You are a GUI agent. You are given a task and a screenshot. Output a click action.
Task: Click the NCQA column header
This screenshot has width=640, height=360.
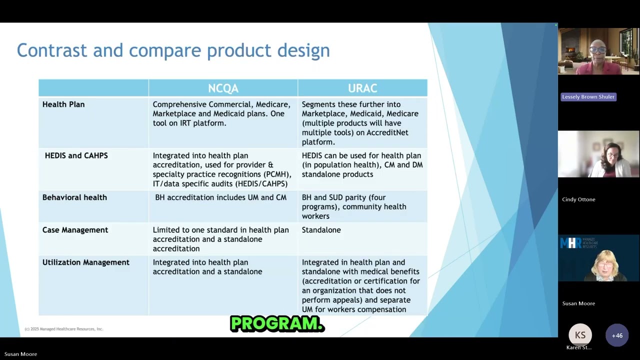[223, 88]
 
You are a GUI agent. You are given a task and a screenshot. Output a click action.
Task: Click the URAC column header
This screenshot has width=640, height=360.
[362, 88]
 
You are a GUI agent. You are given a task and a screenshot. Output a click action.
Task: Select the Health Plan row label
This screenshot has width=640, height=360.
[63, 104]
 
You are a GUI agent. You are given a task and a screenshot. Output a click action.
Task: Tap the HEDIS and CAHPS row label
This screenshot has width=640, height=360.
[76, 155]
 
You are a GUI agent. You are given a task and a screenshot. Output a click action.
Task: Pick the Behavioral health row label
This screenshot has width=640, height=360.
[74, 197]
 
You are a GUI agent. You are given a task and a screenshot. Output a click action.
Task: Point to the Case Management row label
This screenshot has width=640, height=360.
[75, 230]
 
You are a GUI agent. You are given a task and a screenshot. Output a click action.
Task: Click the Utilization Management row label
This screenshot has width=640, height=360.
[85, 262]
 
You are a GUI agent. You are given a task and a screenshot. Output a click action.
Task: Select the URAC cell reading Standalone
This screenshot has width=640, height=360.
[321, 230]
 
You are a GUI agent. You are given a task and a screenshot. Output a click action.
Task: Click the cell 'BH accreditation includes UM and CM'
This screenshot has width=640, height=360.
[220, 197]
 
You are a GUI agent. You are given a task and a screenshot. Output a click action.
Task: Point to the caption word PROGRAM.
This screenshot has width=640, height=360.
[277, 324]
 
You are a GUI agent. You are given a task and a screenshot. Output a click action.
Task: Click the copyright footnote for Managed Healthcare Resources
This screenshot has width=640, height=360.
[63, 329]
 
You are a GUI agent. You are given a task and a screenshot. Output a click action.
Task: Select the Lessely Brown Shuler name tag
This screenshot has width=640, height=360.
[588, 97]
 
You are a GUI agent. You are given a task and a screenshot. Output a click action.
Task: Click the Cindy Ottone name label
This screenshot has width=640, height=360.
[578, 199]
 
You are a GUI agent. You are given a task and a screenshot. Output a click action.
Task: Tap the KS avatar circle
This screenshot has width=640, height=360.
[580, 335]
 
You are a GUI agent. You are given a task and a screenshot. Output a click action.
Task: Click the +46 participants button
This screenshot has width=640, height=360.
[617, 335]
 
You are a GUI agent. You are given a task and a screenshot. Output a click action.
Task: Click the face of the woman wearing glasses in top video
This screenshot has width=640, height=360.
[597, 50]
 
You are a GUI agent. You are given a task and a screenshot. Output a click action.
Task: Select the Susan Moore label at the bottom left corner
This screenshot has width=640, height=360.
[20, 354]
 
